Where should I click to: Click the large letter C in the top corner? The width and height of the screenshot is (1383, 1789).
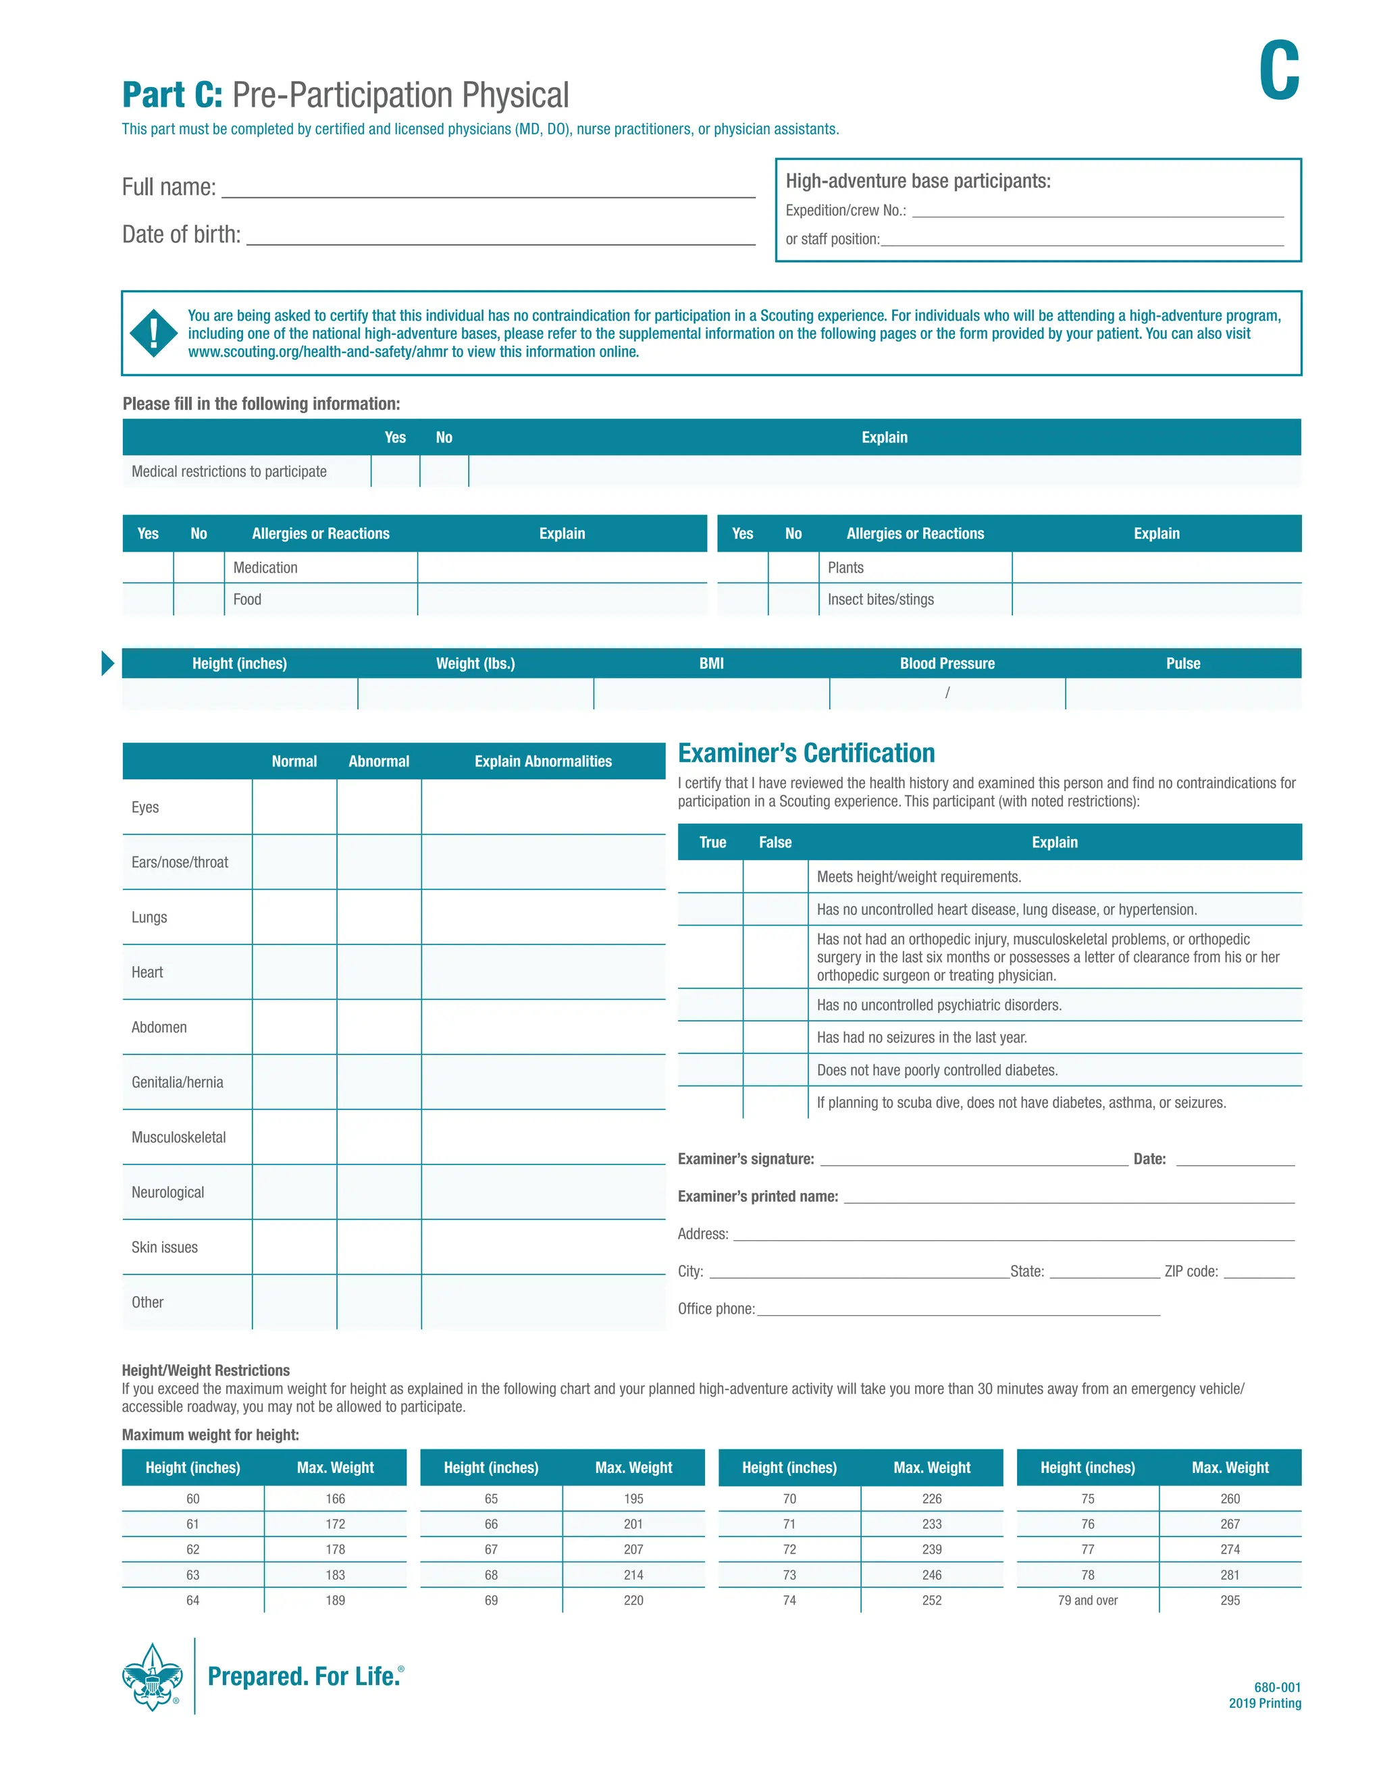pos(1278,72)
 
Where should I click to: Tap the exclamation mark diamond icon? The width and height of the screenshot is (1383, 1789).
pos(153,333)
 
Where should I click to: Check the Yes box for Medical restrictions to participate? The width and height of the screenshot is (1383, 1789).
pos(395,472)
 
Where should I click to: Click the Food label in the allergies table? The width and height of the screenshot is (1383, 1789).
pos(247,599)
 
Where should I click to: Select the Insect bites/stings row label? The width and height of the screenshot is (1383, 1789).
pos(880,599)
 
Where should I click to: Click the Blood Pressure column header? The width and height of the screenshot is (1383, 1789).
pos(947,664)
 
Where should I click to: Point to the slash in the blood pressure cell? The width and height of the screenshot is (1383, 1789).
pos(947,693)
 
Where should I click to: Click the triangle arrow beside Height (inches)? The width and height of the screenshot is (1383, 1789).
pos(107,664)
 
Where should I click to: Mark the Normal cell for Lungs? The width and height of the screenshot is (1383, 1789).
pos(294,917)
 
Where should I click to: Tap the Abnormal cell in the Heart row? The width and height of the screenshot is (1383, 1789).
pos(379,972)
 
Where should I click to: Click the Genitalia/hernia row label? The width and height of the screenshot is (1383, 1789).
pos(177,1082)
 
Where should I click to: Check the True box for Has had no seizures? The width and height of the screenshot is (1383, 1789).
pos(710,1038)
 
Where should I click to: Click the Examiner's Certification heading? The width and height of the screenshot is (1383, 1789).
pos(806,753)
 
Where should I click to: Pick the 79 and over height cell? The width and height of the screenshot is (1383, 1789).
pos(1087,1601)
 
